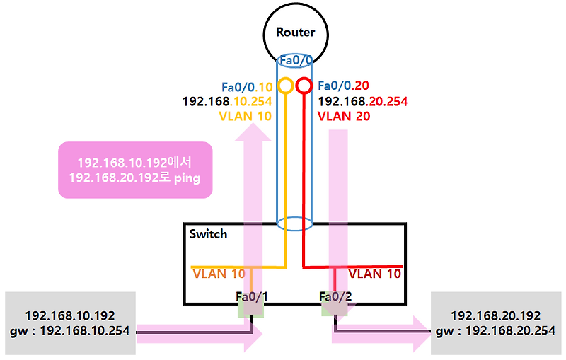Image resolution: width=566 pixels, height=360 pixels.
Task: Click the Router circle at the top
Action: [295, 32]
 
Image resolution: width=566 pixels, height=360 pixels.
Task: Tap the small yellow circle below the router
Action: [285, 86]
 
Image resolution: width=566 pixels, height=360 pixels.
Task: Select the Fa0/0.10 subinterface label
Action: [246, 86]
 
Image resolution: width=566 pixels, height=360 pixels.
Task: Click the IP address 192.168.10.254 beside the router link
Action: [226, 101]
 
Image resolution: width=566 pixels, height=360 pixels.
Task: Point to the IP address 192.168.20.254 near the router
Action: [363, 101]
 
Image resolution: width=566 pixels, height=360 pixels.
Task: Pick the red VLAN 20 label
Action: [344, 116]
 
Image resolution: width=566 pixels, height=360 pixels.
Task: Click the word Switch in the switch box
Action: [208, 233]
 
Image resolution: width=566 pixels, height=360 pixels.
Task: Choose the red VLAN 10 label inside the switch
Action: [375, 273]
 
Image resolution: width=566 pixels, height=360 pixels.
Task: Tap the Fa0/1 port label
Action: [252, 296]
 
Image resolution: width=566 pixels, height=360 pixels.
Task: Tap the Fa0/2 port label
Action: [335, 296]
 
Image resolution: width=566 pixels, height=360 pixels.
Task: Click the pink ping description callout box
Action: [135, 170]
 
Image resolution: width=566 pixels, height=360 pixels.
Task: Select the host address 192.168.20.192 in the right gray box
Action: [495, 315]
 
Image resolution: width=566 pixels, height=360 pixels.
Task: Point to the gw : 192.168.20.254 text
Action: [495, 330]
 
